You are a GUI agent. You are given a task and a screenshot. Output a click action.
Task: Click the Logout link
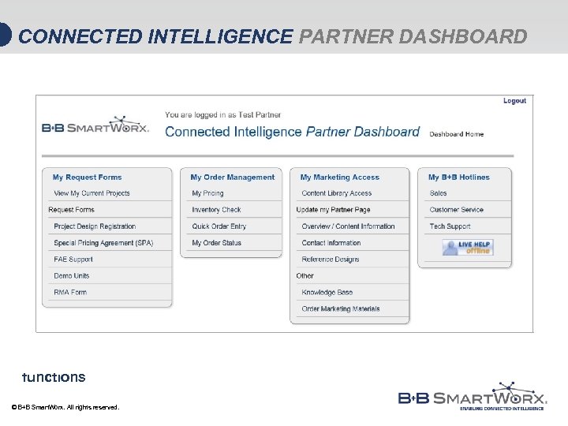514,101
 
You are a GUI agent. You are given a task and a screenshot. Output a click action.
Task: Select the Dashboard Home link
456,134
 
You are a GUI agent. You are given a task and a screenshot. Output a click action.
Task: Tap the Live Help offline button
468,248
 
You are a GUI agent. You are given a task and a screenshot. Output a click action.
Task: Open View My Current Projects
92,193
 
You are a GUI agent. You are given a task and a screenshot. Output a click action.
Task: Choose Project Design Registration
95,226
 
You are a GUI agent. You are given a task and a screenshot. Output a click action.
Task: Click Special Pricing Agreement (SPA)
103,243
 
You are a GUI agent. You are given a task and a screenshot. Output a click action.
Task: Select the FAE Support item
73,260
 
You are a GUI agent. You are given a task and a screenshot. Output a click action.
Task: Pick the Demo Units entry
71,276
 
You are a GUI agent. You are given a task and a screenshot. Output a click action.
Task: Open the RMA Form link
70,293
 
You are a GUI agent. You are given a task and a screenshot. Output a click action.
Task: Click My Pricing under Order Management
207,193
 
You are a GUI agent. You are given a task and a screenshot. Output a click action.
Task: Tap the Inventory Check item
216,210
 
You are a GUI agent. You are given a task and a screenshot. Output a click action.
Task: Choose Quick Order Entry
219,226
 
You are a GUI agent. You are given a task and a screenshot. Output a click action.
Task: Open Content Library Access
336,193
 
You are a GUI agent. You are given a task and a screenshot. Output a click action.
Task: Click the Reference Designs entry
330,260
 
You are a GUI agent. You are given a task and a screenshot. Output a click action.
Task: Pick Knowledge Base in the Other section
327,293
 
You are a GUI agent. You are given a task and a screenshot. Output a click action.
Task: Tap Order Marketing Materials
340,309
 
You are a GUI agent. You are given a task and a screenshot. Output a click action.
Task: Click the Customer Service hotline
456,210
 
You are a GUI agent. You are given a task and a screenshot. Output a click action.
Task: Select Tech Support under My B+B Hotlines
450,226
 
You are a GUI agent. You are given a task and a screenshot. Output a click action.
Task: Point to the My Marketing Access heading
339,177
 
